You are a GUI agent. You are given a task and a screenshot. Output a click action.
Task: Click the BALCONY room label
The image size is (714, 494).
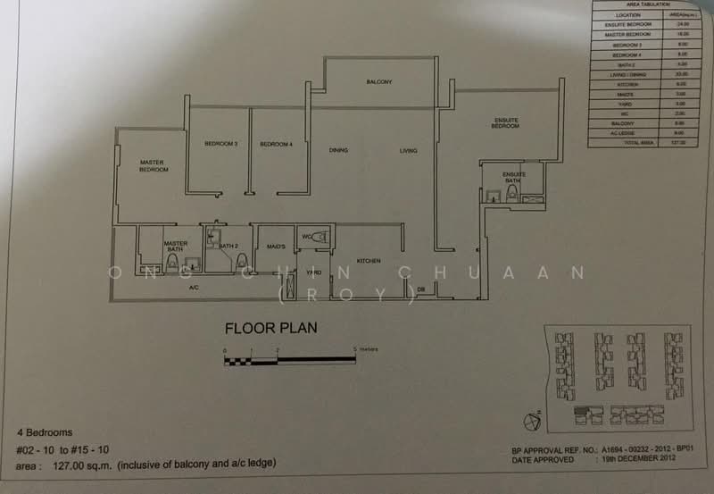click(x=379, y=82)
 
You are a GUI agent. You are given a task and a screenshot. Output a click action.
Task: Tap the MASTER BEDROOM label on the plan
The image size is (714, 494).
click(x=154, y=166)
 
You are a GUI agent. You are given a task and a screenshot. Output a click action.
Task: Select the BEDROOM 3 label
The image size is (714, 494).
click(x=220, y=144)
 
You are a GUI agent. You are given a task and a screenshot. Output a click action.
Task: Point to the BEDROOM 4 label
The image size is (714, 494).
click(x=277, y=144)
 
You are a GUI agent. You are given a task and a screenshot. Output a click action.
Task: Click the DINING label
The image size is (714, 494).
click(x=338, y=150)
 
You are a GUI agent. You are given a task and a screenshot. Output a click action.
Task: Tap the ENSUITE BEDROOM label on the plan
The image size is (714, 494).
click(x=505, y=123)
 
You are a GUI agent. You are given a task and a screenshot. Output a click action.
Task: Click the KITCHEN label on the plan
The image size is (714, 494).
click(x=369, y=261)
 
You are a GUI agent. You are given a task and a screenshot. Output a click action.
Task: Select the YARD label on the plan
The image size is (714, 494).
click(x=313, y=272)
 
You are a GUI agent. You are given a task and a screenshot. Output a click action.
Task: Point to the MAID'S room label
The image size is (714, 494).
click(x=275, y=246)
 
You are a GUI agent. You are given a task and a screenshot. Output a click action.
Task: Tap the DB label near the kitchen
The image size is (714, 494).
click(x=420, y=289)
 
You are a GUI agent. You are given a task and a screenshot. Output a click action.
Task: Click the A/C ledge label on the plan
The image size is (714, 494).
click(x=193, y=288)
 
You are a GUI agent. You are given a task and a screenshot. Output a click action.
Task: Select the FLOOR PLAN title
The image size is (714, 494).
click(x=270, y=329)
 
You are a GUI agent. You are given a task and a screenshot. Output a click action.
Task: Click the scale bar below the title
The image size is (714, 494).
click(x=290, y=360)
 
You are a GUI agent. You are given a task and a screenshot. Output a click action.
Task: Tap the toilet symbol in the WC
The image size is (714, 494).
click(x=320, y=236)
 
